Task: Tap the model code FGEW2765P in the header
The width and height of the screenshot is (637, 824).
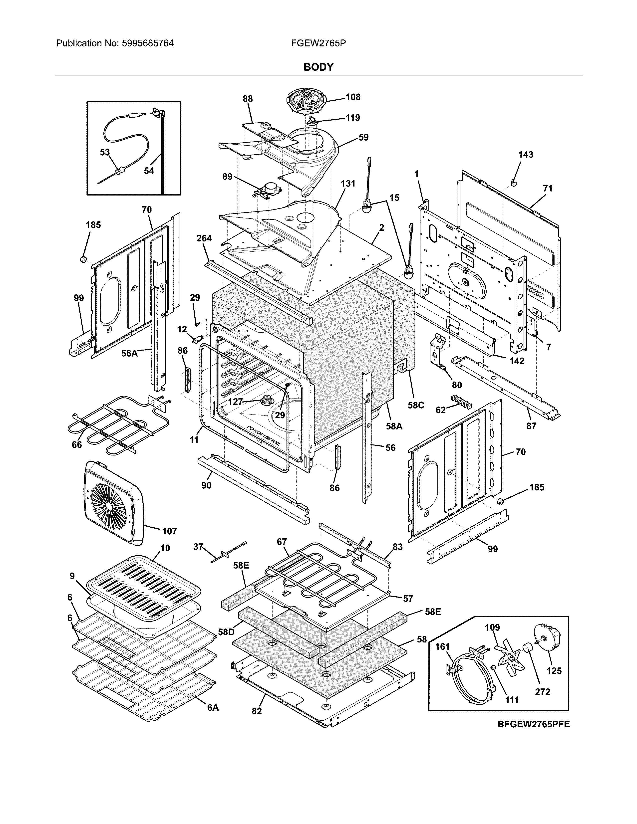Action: pos(318,43)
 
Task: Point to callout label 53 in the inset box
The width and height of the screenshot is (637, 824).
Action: pos(104,152)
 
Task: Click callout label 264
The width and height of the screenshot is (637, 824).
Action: pos(204,238)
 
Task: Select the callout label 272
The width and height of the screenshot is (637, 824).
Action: pos(542,692)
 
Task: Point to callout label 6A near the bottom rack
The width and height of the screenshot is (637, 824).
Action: pos(213,708)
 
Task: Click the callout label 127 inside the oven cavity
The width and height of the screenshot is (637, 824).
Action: pos(235,402)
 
